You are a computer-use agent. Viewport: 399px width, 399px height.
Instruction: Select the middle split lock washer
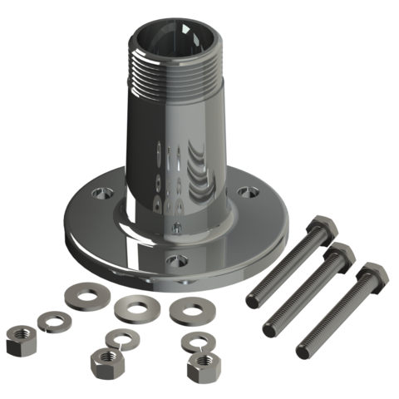pos(120,337)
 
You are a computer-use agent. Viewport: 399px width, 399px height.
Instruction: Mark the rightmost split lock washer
pos(198,341)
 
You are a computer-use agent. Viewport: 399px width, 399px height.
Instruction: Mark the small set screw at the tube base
pos(176,227)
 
